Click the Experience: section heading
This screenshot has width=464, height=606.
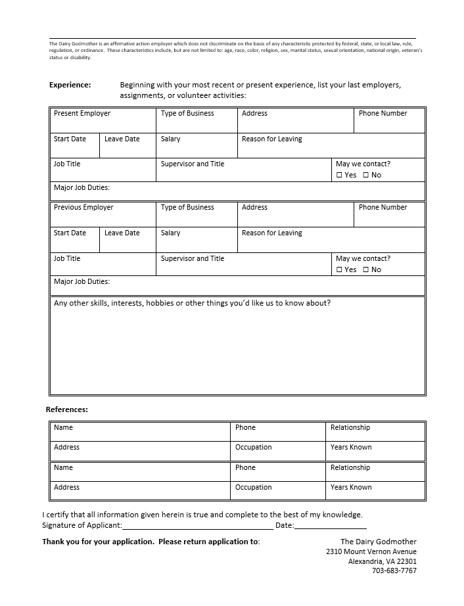point(70,85)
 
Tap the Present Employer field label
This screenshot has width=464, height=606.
point(81,114)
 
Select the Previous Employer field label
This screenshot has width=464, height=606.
point(83,208)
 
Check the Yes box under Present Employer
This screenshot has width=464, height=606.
point(340,175)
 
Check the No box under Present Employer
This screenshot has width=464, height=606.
point(366,175)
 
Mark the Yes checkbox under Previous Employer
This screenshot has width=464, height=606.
point(340,270)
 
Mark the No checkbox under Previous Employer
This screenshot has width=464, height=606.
point(366,270)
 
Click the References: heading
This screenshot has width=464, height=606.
point(66,409)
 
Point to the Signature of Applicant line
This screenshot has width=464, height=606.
point(197,526)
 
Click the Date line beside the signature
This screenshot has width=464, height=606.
point(330,526)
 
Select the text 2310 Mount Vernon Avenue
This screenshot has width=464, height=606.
point(371,551)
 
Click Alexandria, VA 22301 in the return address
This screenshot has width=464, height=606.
point(382,561)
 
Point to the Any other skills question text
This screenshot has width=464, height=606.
point(192,304)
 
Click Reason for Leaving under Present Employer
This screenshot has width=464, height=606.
point(271,139)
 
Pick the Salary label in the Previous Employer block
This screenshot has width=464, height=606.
point(170,233)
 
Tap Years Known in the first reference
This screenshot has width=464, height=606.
point(351,448)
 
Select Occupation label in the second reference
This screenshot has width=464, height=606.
point(253,488)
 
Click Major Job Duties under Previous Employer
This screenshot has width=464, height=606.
point(81,282)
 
